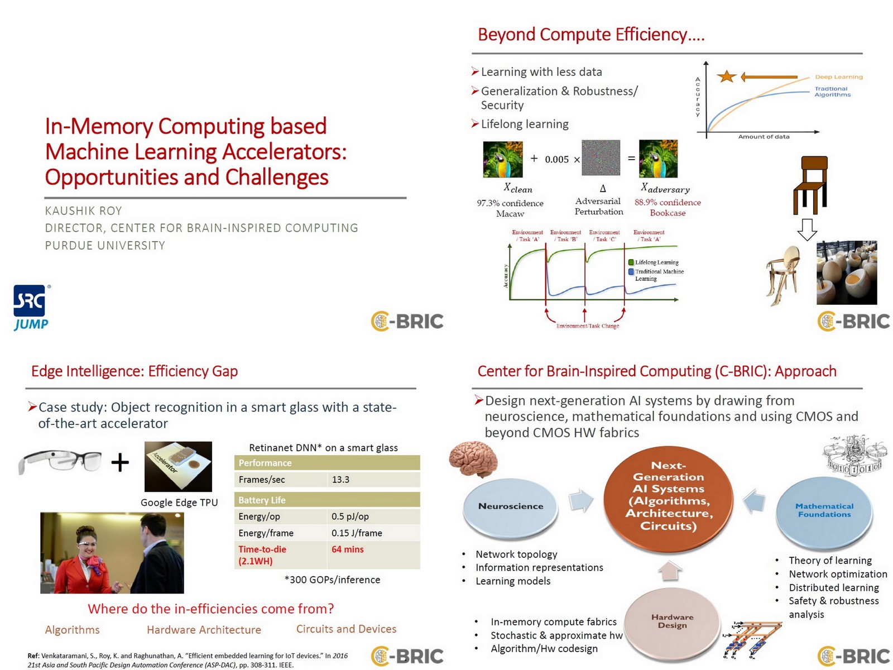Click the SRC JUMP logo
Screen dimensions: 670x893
click(31, 308)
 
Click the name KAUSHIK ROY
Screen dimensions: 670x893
click(83, 211)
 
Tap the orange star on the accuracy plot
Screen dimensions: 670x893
click(726, 76)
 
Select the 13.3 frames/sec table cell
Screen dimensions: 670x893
click(373, 480)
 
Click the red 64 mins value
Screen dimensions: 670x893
click(347, 549)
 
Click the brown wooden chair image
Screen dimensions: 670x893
click(810, 185)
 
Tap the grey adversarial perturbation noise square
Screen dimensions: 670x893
click(601, 158)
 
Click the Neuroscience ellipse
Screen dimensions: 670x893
click(510, 506)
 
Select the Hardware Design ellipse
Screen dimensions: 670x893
click(672, 621)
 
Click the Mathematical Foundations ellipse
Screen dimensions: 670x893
click(824, 510)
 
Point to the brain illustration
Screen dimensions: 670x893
click(473, 460)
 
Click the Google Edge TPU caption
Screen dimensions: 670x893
click(179, 502)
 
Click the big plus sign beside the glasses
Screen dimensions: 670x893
click(120, 462)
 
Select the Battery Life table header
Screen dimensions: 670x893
click(327, 500)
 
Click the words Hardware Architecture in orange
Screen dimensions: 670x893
click(204, 630)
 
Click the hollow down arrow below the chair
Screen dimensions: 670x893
click(807, 229)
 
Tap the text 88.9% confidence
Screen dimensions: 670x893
click(668, 203)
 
